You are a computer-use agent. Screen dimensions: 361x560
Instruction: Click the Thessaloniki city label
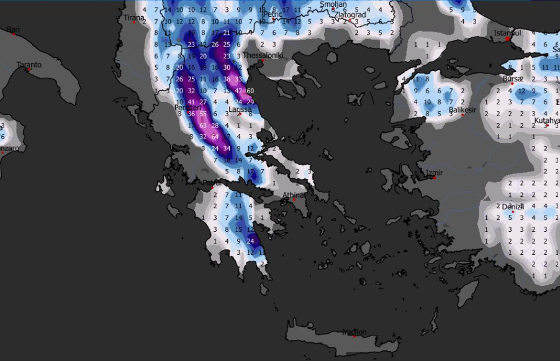(263, 55)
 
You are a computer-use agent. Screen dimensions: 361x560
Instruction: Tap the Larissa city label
(240, 109)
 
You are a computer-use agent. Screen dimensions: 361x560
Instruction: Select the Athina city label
(294, 194)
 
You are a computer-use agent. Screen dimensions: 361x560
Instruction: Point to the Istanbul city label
(508, 32)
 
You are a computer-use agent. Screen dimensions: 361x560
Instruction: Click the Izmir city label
(435, 172)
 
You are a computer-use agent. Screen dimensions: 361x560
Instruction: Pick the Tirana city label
(133, 18)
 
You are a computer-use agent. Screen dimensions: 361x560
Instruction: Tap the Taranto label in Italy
(29, 65)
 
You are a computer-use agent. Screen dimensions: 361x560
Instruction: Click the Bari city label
(13, 29)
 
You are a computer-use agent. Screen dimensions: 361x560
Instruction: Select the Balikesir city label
(462, 111)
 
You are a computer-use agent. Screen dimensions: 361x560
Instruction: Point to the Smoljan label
(332, 4)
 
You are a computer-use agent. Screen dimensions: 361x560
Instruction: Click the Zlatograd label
(350, 14)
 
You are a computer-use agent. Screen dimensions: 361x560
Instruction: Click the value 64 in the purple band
(215, 137)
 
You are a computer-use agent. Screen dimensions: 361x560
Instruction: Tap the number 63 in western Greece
(203, 126)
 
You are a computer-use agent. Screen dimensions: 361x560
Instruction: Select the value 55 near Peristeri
(203, 114)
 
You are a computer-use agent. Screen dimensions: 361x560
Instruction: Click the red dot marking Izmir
(435, 178)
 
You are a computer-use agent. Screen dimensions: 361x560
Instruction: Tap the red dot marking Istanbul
(508, 39)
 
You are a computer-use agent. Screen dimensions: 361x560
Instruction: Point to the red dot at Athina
(295, 200)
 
